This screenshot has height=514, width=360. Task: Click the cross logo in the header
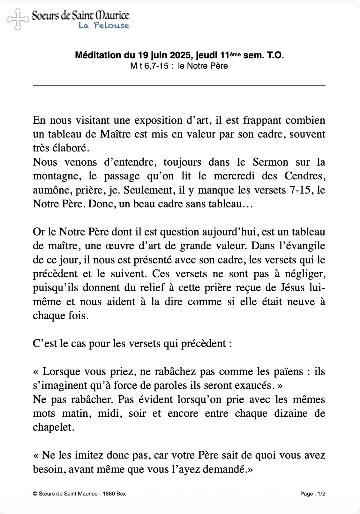point(18,19)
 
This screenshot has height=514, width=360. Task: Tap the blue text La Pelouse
point(104,26)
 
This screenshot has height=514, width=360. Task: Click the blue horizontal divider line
point(179,86)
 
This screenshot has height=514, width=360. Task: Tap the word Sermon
point(270,162)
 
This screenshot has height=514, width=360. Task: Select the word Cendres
point(304,176)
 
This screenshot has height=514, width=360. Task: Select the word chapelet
point(53,427)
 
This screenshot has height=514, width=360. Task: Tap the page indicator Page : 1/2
point(313,494)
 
